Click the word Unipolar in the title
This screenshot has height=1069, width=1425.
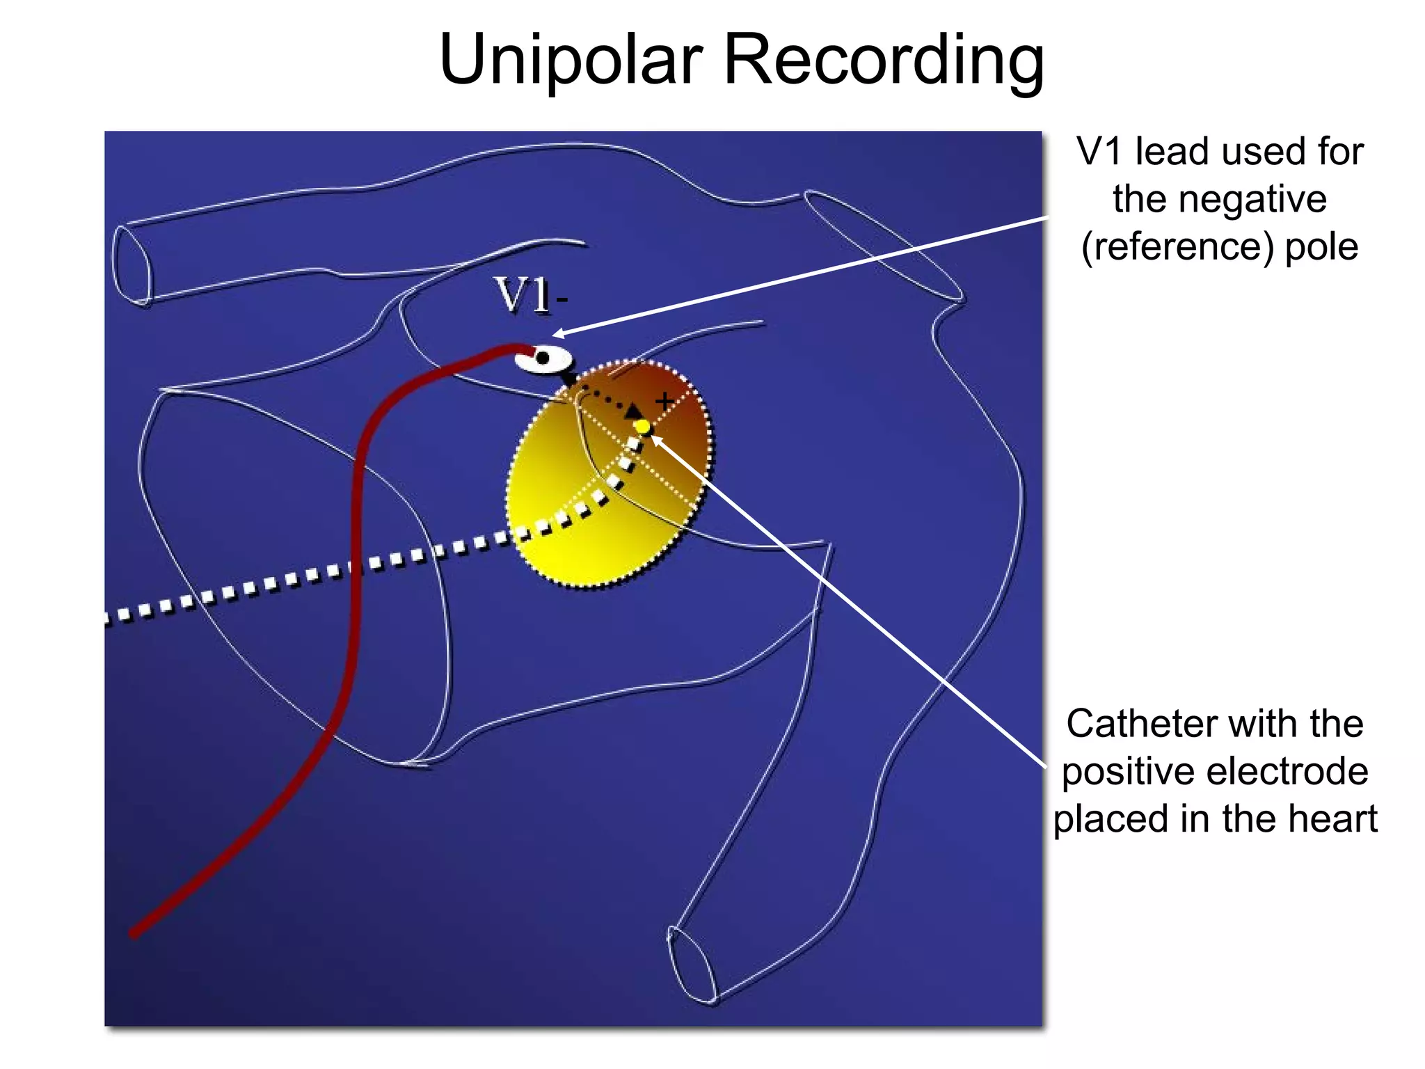click(571, 61)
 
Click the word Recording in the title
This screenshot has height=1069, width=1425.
click(884, 61)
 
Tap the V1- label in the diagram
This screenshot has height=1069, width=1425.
click(531, 295)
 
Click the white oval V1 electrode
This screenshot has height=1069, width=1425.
click(544, 359)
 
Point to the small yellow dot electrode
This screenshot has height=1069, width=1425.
click(643, 426)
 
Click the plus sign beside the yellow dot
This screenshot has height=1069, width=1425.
click(664, 401)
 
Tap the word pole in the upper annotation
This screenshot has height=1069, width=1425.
click(1321, 247)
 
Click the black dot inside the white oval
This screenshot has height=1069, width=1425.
click(543, 358)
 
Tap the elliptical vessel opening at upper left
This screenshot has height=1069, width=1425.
click(132, 265)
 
